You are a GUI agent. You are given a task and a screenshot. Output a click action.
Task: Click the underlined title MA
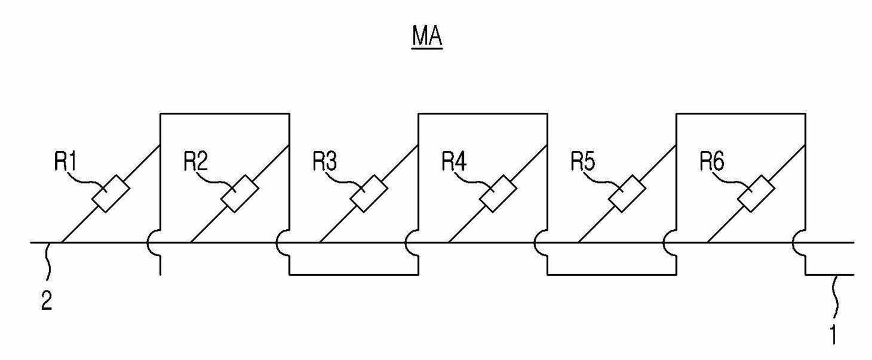coord(427,37)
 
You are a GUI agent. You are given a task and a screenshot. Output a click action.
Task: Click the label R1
coord(66,161)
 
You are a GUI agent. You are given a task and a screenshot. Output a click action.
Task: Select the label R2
coord(196,161)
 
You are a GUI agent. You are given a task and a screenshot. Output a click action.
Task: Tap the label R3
coord(325,161)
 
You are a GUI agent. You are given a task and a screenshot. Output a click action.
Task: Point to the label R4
coord(454,161)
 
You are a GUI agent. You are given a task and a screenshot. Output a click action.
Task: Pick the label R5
coord(583,161)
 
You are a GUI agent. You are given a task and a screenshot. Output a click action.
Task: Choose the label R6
coord(712,161)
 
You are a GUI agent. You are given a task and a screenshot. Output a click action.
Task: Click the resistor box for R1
coord(111,194)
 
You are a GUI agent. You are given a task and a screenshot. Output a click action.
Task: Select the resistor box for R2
coord(240,194)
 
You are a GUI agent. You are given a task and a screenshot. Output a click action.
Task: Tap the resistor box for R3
coord(369,194)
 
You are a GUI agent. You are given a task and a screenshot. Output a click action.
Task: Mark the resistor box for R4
coord(498,194)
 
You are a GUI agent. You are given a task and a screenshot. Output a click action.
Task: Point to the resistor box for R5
coord(627,194)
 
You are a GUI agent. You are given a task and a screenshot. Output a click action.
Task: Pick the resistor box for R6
coord(757,194)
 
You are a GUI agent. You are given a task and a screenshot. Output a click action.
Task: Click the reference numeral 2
coord(47,300)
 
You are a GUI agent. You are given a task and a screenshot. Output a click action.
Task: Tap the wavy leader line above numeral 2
coord(49,261)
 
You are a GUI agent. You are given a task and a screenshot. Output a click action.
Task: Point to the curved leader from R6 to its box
coord(732,181)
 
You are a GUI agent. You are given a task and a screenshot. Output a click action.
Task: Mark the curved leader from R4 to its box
coord(474,181)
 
